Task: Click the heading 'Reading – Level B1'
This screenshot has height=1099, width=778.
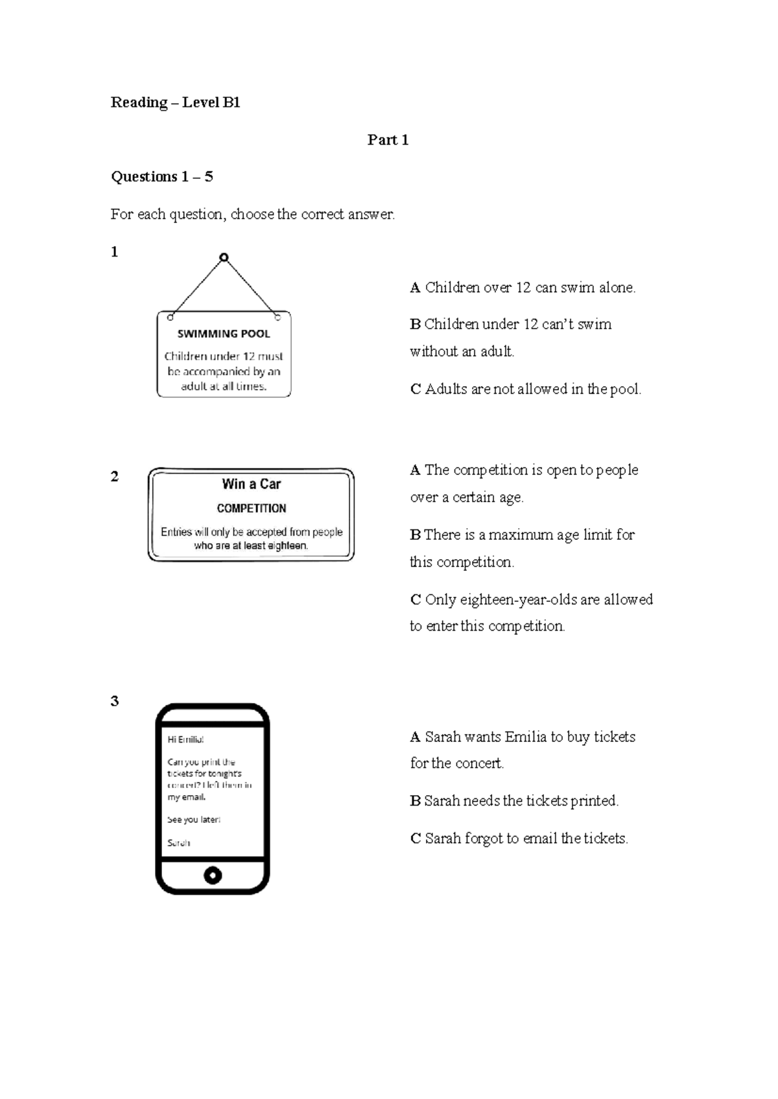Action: [175, 102]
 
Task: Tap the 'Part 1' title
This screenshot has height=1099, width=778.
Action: [388, 140]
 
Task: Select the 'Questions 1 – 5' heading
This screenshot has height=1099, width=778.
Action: [162, 177]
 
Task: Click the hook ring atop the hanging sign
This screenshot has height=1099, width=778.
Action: [224, 257]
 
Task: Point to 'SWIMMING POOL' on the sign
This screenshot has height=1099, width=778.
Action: [224, 334]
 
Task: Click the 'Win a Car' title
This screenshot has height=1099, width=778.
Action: [251, 484]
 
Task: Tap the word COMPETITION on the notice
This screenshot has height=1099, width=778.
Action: [251, 509]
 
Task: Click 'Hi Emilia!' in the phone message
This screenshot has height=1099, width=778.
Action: [185, 739]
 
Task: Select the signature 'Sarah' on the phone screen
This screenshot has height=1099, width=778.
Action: [179, 843]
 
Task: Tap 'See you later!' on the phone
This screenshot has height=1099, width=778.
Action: [194, 820]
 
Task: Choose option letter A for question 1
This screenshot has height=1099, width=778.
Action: [416, 288]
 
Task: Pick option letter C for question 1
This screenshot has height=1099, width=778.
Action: [416, 389]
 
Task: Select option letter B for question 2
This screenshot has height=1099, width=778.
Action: [415, 535]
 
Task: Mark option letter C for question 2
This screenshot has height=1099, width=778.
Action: [416, 600]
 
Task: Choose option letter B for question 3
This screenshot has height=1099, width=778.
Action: [415, 802]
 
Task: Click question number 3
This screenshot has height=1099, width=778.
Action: [115, 701]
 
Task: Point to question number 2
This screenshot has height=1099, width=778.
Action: [115, 477]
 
